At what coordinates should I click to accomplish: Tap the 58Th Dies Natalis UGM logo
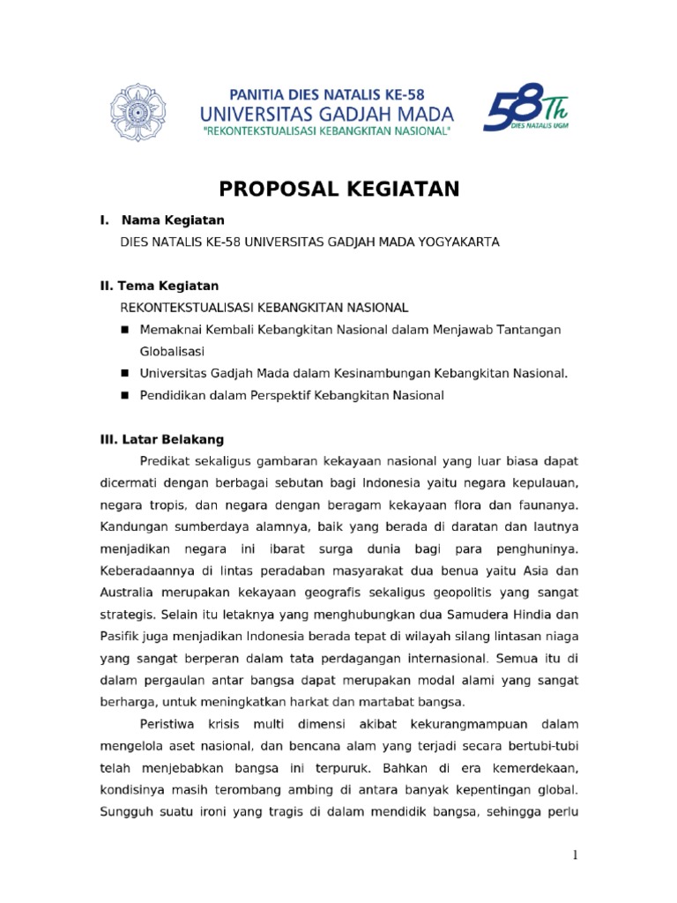(x=526, y=111)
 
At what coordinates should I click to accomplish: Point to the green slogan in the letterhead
(x=327, y=131)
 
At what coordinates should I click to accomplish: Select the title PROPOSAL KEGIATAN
(x=339, y=189)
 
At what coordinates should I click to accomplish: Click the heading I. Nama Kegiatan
(x=162, y=220)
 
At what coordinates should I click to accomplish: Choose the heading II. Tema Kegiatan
(x=159, y=287)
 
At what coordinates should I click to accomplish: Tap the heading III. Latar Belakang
(x=161, y=438)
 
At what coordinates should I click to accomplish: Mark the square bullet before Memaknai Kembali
(x=125, y=329)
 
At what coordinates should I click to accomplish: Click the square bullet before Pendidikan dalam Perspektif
(x=125, y=396)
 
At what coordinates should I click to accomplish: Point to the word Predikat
(x=165, y=461)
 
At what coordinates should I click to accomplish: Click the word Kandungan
(x=133, y=526)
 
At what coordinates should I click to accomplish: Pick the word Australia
(x=128, y=592)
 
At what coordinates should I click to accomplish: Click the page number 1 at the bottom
(x=574, y=854)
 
